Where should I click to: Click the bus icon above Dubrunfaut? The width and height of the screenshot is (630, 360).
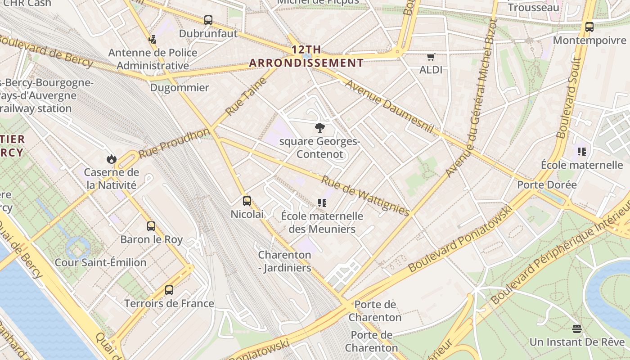click(208, 20)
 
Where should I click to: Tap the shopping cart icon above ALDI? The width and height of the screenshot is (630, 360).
click(431, 57)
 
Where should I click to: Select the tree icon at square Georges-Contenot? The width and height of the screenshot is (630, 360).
click(320, 128)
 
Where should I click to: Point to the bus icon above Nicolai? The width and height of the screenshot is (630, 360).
click(247, 201)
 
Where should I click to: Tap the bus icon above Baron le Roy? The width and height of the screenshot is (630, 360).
click(151, 226)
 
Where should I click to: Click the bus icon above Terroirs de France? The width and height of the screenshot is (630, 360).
click(169, 290)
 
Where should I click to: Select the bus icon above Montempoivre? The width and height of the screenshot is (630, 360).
click(589, 27)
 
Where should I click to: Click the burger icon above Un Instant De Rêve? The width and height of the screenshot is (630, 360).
click(577, 328)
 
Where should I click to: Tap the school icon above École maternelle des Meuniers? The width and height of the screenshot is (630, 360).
click(322, 202)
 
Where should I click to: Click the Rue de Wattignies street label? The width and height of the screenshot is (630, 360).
click(365, 195)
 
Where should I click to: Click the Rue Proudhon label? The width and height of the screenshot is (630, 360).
click(174, 142)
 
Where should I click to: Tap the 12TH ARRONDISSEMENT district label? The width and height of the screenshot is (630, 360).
click(306, 56)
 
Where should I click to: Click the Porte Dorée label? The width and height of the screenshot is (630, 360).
click(547, 185)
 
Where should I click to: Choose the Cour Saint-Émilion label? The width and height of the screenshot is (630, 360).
click(100, 262)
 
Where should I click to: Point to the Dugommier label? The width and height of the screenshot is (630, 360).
click(180, 87)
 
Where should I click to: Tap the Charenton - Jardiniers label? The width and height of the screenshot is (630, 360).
click(284, 261)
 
